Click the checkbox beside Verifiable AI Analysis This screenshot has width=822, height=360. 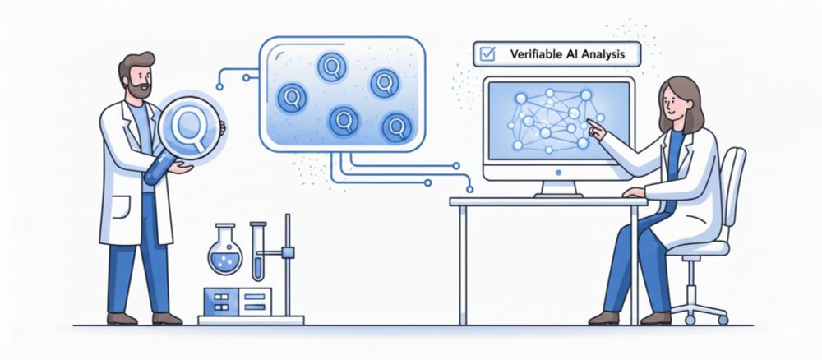pos(487,53)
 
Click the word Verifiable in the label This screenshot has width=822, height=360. pos(533,54)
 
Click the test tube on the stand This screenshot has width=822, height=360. pos(257,252)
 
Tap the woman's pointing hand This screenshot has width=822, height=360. pos(596,129)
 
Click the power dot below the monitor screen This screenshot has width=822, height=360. pos(558,172)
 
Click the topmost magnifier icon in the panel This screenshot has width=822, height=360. pos(331,67)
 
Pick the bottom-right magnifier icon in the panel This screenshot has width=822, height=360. pos(396,128)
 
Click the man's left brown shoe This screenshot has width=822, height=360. pos(122,319)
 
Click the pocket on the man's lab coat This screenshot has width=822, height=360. pos(121,207)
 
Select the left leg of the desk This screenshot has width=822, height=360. pos(462,265)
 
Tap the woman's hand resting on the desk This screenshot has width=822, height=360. pos(634,192)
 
